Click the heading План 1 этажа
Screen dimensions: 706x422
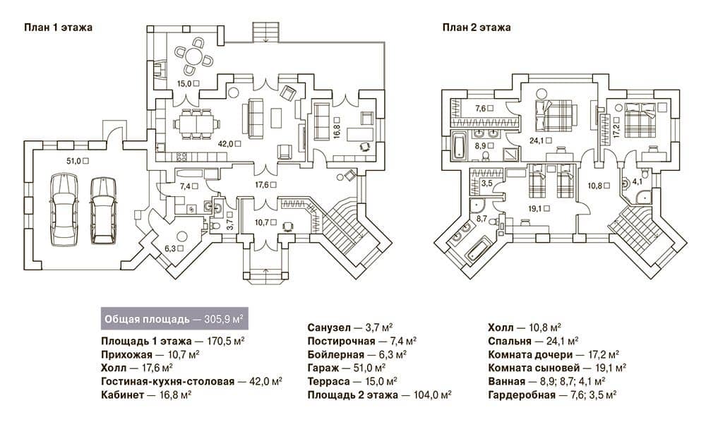click(58, 28)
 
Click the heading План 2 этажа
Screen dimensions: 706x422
click(477, 28)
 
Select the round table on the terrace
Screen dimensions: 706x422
click(194, 56)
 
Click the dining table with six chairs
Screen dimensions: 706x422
click(196, 123)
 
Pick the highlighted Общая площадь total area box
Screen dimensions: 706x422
click(174, 320)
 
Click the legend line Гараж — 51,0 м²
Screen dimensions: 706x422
click(346, 368)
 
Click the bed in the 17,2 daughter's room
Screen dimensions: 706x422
click(638, 120)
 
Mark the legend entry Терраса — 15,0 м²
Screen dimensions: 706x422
click(352, 382)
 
